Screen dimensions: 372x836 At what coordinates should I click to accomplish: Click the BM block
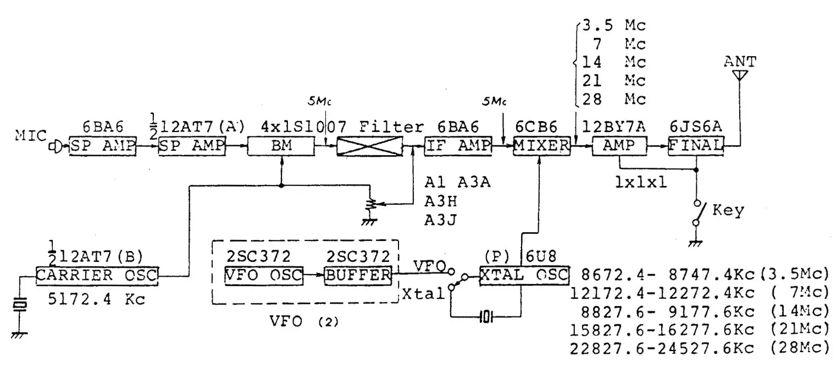pos(281,147)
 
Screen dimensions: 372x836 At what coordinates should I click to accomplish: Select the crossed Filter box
pos(369,147)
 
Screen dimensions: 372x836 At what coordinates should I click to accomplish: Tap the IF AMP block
pos(452,147)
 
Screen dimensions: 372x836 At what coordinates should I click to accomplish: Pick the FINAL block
pos(696,147)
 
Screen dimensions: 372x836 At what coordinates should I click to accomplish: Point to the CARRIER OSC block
pos(97,275)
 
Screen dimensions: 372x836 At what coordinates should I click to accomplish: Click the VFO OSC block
pos(264,275)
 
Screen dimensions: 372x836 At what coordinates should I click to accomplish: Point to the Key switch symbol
pos(697,212)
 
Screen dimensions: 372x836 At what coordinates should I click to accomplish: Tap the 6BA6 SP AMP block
pos(98,147)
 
